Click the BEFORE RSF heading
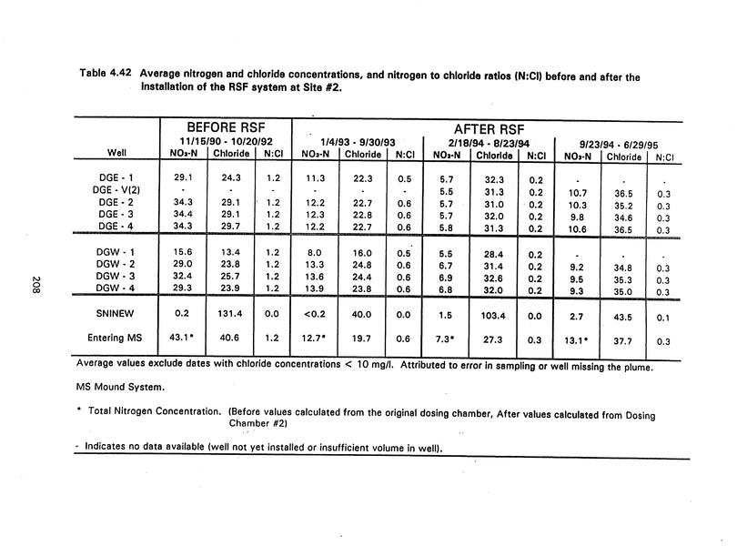227,128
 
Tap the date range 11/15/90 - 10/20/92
226,142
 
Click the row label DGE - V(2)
114,189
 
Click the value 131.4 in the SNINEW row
222,314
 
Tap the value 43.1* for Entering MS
185,338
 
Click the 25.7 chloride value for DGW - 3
222,277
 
